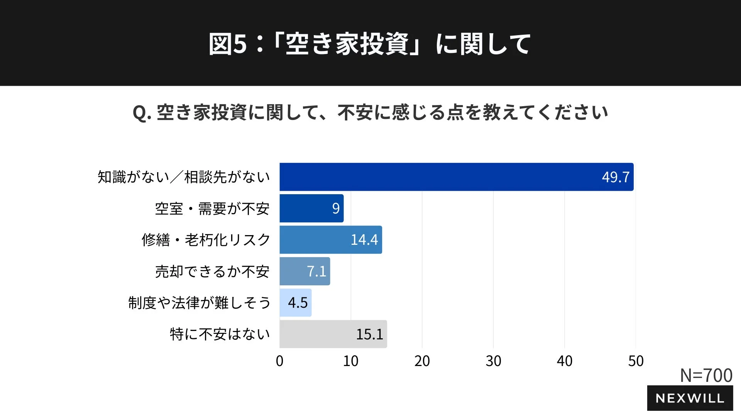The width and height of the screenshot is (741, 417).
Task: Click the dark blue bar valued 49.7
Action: (x=456, y=177)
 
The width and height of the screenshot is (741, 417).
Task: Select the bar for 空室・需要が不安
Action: (x=311, y=208)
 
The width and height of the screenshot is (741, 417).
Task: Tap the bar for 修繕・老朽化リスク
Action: (x=330, y=240)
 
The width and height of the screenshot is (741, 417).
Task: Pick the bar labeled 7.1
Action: (x=305, y=271)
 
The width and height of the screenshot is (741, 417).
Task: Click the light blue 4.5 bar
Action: (x=295, y=303)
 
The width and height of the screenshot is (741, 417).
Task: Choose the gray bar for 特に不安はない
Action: (x=333, y=334)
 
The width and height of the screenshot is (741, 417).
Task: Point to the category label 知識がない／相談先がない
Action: (x=184, y=177)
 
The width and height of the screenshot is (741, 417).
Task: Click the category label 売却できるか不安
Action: (x=212, y=271)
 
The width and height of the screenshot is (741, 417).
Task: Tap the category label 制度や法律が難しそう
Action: (x=199, y=303)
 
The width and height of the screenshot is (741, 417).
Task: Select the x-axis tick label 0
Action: (x=279, y=361)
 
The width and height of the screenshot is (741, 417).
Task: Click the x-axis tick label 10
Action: (x=350, y=361)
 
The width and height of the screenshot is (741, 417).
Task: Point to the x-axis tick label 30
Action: (x=493, y=361)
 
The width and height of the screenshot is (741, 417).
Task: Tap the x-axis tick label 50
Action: (x=636, y=361)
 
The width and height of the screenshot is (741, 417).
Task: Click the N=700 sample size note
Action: (x=706, y=375)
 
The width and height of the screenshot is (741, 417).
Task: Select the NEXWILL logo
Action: (x=690, y=398)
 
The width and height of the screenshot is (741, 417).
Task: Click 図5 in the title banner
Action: (x=227, y=44)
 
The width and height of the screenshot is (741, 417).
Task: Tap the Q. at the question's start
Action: (x=142, y=113)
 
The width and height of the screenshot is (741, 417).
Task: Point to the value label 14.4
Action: (x=364, y=240)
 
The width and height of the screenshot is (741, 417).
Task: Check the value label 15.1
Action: (x=369, y=334)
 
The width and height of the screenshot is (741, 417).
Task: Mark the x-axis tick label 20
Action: (x=422, y=361)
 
